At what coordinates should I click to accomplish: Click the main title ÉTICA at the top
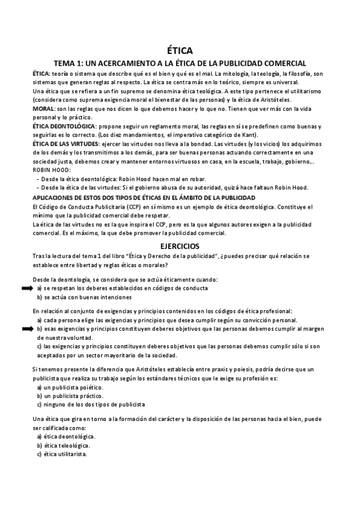pyautogui.click(x=180, y=51)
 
